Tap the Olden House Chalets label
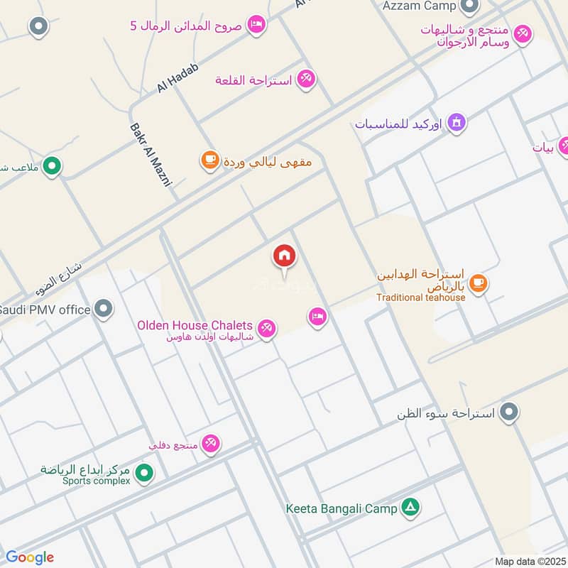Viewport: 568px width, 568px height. [x=196, y=325]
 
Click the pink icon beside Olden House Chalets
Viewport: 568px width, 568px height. [x=267, y=328]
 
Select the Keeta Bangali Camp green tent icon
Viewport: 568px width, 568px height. [x=410, y=507]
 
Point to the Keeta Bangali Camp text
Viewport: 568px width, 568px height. [x=342, y=508]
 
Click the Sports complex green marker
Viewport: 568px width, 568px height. [x=144, y=471]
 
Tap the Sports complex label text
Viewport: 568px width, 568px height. [x=97, y=481]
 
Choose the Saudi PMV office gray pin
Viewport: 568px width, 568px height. [x=104, y=309]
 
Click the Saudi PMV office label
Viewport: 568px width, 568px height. [x=45, y=310]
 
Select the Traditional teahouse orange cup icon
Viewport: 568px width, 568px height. [x=478, y=282]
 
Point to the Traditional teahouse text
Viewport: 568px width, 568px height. [x=421, y=297]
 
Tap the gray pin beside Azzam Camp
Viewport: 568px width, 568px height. [x=469, y=6]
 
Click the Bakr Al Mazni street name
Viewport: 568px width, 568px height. [x=151, y=155]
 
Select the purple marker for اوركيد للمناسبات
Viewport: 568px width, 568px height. [x=457, y=122]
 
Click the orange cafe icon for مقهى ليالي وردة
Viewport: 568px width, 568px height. [x=209, y=160]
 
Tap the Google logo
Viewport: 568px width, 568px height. [x=30, y=557]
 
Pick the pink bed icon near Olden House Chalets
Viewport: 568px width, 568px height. [x=317, y=316]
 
